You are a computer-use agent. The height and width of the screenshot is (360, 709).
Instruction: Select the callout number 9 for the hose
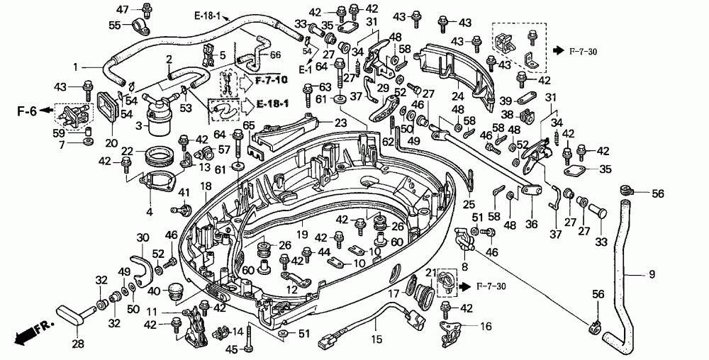[652, 274]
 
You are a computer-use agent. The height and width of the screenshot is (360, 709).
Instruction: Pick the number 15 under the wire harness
[376, 339]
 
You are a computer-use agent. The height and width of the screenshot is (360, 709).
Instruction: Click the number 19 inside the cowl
[302, 235]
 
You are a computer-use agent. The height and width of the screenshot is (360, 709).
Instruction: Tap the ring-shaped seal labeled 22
[158, 155]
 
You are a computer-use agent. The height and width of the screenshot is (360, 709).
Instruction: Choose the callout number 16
[486, 327]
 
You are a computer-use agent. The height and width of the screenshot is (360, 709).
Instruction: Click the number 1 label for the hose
[76, 67]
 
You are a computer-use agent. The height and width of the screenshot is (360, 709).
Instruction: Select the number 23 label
[340, 123]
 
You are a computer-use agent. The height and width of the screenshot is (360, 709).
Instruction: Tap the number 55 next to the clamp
[115, 25]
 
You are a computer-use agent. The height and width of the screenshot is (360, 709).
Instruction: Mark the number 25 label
[469, 205]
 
